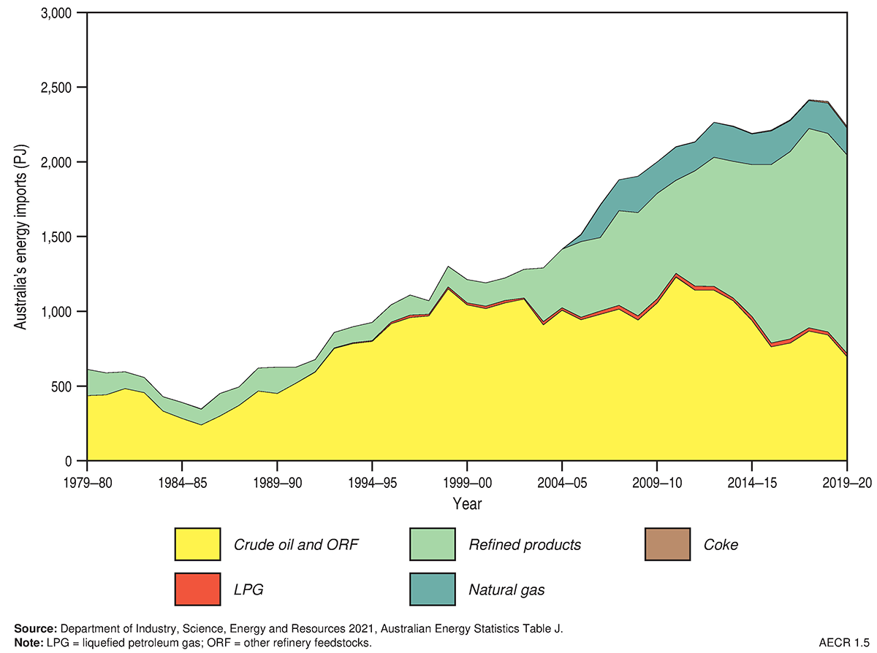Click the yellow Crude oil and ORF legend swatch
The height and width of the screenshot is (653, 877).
[197, 544]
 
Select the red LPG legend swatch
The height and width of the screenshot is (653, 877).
[197, 588]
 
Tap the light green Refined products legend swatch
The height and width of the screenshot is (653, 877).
[433, 544]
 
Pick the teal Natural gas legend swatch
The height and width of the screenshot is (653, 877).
[433, 588]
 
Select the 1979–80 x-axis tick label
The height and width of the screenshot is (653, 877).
[87, 481]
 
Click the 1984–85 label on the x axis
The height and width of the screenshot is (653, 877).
[182, 481]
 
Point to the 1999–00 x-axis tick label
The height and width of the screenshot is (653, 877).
[467, 481]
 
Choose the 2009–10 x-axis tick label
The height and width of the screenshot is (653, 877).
[657, 481]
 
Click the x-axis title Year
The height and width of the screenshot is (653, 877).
[467, 504]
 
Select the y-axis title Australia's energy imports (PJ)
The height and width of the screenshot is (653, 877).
[22, 237]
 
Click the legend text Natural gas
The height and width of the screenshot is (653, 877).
[507, 588]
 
